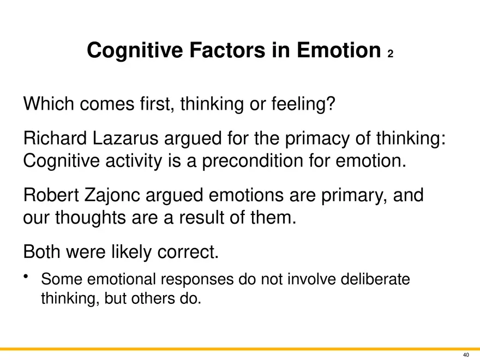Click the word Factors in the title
(227, 50)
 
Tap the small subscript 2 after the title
(390, 54)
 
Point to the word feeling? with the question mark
(303, 104)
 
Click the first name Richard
(55, 138)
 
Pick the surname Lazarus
(125, 138)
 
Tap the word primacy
(317, 139)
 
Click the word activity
(134, 161)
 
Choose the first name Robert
(51, 195)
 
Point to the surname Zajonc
(112, 196)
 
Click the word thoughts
(91, 218)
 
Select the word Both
(41, 251)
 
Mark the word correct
(188, 252)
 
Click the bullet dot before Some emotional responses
(26, 277)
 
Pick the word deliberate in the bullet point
(375, 279)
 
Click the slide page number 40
(466, 355)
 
